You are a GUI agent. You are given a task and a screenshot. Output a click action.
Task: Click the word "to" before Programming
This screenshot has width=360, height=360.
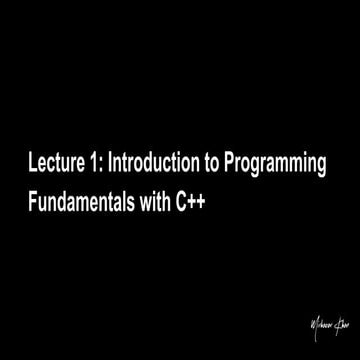pyautogui.click(x=221, y=161)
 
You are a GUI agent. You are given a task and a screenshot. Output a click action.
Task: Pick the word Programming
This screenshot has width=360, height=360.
pyautogui.click(x=283, y=163)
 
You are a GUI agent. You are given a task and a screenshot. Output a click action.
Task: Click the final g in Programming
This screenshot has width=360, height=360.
pyautogui.click(x=323, y=164)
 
